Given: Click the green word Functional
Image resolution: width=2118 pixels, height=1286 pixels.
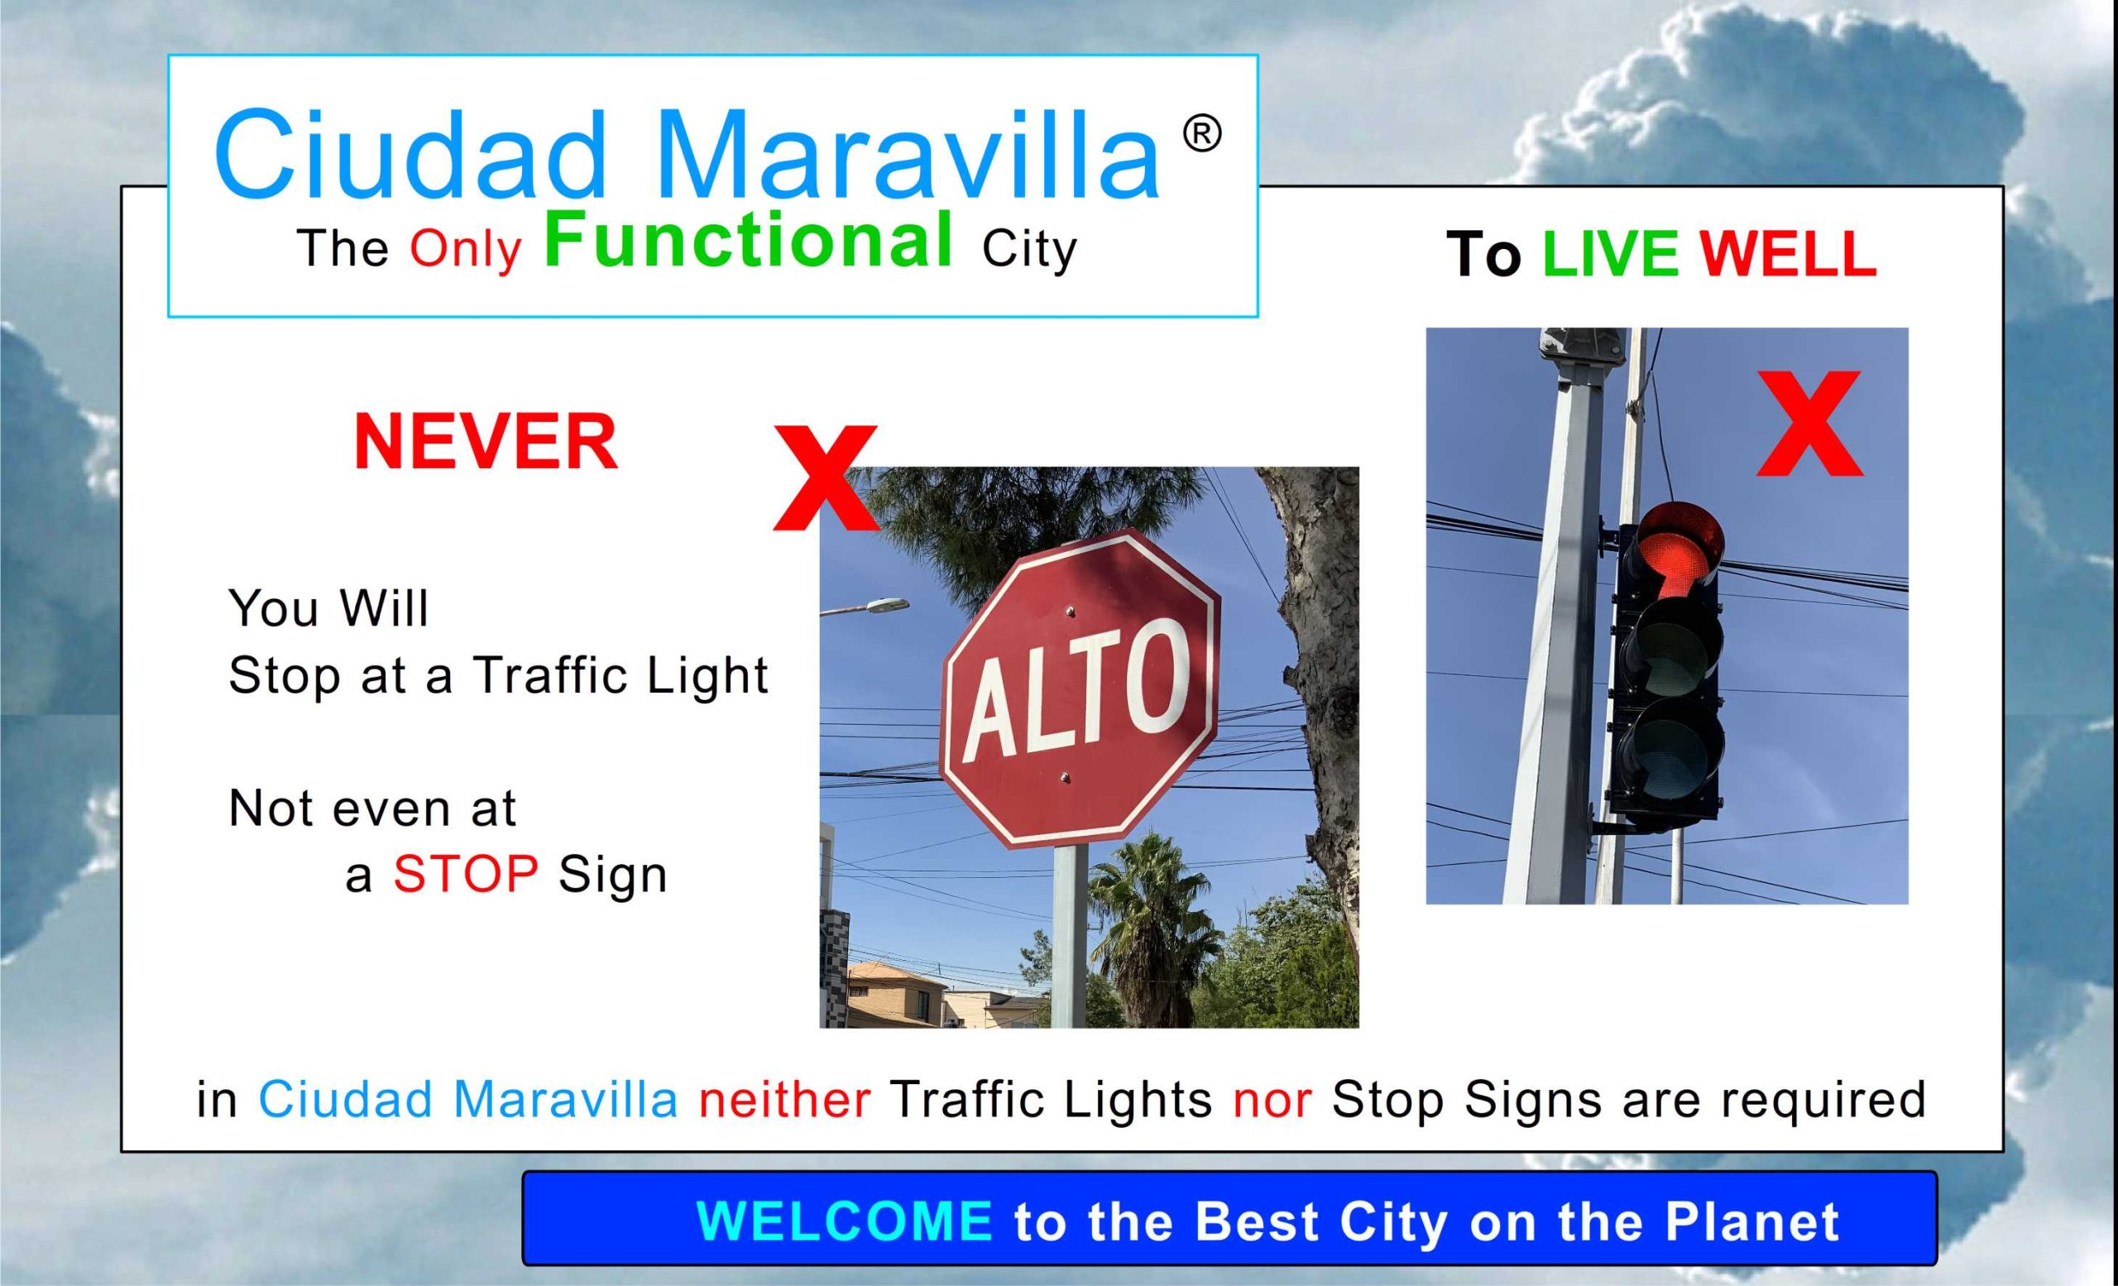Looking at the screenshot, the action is pyautogui.click(x=749, y=240).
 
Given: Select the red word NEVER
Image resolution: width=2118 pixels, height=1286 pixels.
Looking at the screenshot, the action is pyautogui.click(x=486, y=442).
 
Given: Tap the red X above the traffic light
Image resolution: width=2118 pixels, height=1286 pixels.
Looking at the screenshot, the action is pyautogui.click(x=1809, y=423).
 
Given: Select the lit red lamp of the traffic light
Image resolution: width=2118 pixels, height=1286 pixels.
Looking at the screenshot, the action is pyautogui.click(x=1680, y=547).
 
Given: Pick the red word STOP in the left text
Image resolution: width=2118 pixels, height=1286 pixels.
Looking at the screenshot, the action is pyautogui.click(x=466, y=874).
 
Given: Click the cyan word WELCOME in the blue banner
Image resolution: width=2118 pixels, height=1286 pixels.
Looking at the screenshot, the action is pyautogui.click(x=844, y=1221).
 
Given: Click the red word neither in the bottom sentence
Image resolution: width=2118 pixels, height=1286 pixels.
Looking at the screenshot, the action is pyautogui.click(x=784, y=1100).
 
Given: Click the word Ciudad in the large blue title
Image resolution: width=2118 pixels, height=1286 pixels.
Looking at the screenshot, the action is pyautogui.click(x=411, y=154).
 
